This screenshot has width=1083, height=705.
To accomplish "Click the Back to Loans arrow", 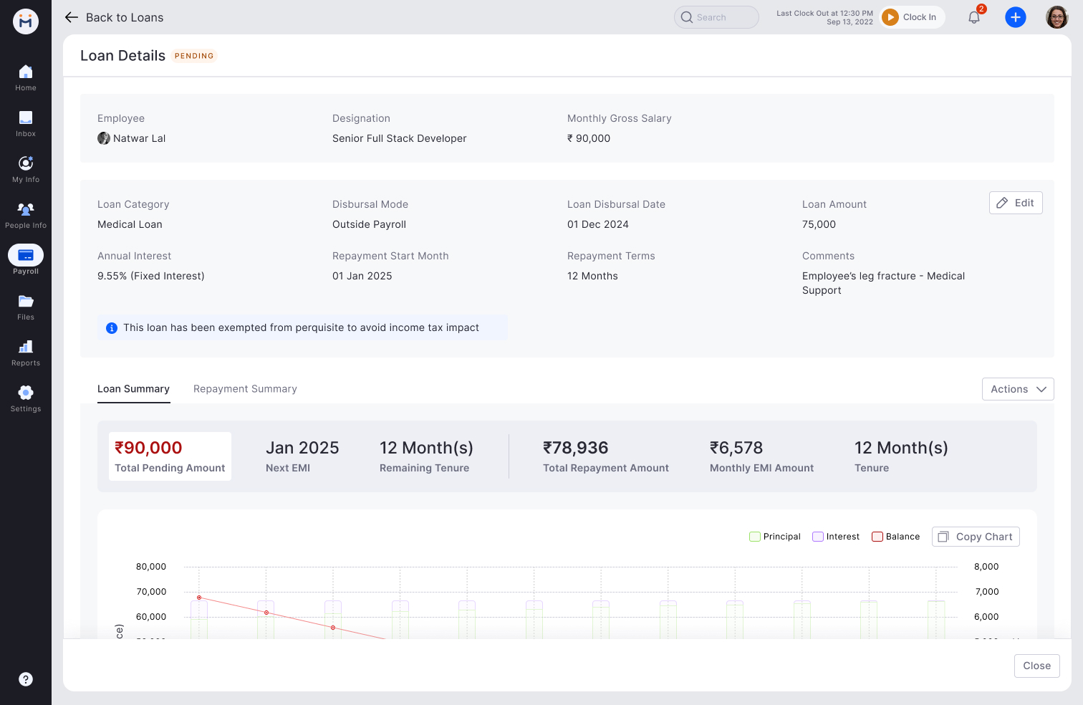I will point(72,17).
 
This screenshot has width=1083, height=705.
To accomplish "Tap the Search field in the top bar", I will point(716,17).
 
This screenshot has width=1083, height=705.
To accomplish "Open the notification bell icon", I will point(974,17).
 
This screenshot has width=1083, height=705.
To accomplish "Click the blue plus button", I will point(1016,17).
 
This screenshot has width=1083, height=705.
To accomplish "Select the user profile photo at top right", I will point(1056,17).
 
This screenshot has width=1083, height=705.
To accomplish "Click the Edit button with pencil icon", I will point(1016,203).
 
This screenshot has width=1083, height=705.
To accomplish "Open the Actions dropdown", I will point(1018,389).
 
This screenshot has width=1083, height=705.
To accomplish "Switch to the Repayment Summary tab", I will point(245,389).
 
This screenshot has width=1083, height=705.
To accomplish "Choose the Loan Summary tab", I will point(133,389).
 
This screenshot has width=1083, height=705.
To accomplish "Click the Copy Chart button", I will point(976,537).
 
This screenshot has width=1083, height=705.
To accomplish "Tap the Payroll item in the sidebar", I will point(26,259).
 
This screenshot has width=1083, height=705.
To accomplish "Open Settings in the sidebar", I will point(26,398).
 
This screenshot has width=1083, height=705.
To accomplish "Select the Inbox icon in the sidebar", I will point(26,123).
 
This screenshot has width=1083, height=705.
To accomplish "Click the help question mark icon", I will point(26,679).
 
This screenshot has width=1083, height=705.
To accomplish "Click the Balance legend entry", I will point(896,537).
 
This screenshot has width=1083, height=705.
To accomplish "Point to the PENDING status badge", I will point(194,56).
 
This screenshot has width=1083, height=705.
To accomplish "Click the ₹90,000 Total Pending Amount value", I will point(148,448).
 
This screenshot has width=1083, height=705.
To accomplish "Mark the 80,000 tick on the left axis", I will point(151,567).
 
